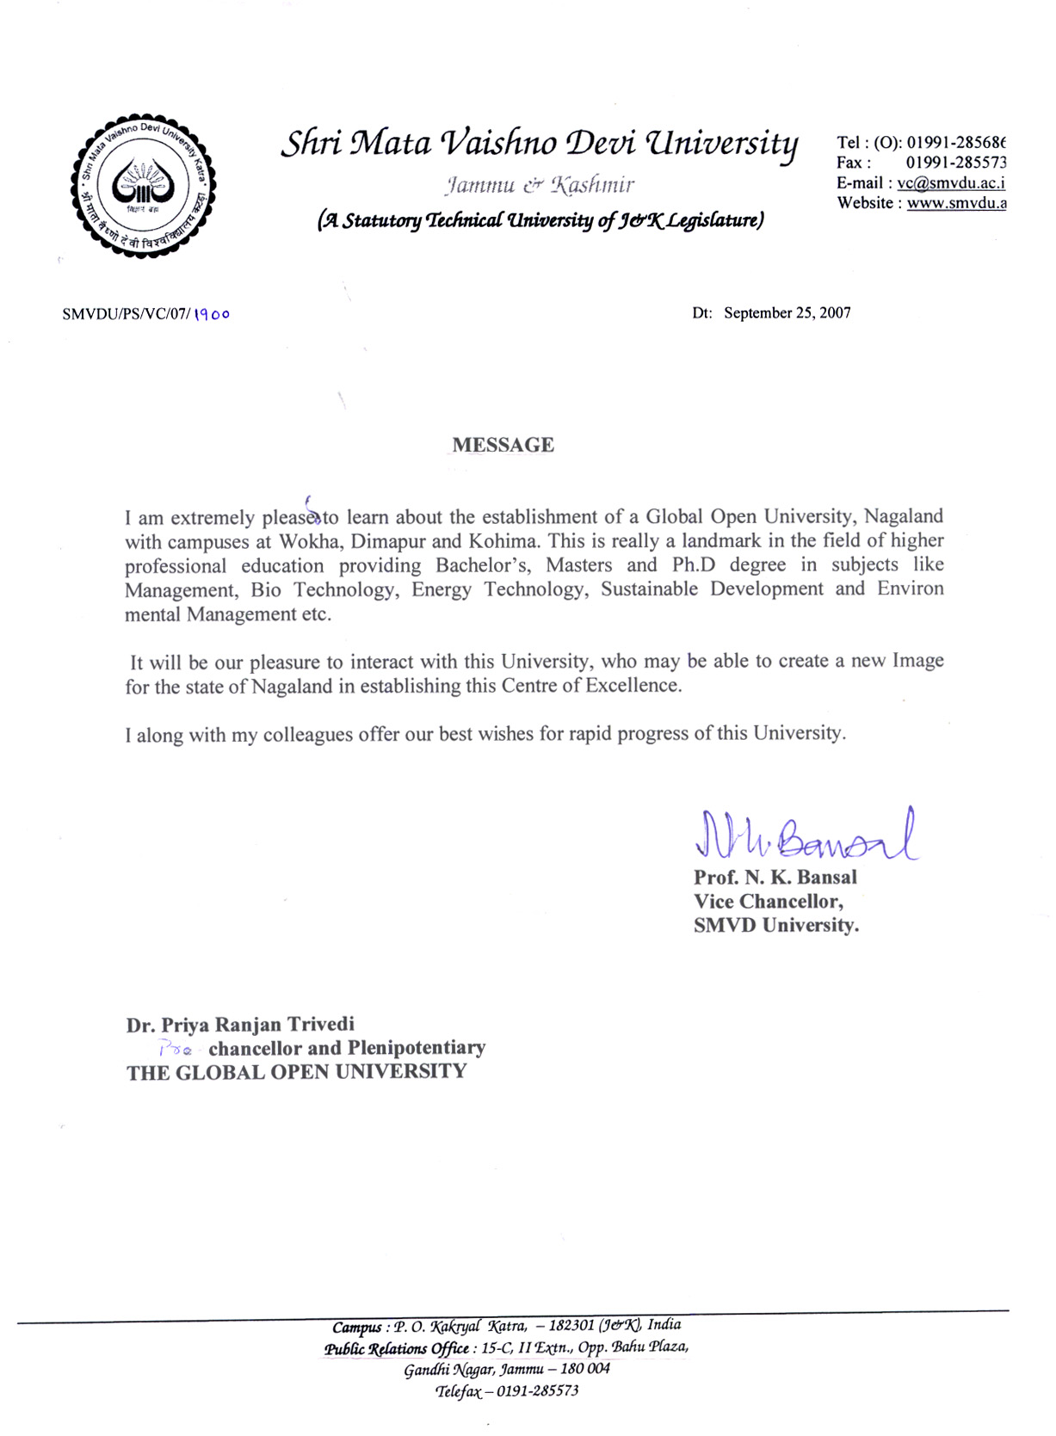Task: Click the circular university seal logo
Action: (143, 186)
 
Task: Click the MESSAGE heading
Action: (503, 446)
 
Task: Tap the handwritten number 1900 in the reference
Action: (212, 315)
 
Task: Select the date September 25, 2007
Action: (787, 313)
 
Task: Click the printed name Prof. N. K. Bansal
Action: (775, 878)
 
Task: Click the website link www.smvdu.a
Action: (956, 204)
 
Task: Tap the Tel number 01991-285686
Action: (955, 143)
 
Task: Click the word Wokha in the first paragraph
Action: (309, 542)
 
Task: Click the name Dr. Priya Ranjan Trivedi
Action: (240, 1025)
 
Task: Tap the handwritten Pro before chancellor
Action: (175, 1049)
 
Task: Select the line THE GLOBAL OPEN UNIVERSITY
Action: (296, 1072)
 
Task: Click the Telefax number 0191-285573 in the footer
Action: (537, 1390)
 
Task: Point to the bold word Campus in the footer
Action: (356, 1327)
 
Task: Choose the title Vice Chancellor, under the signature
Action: (768, 902)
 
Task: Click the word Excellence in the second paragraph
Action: (633, 686)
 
